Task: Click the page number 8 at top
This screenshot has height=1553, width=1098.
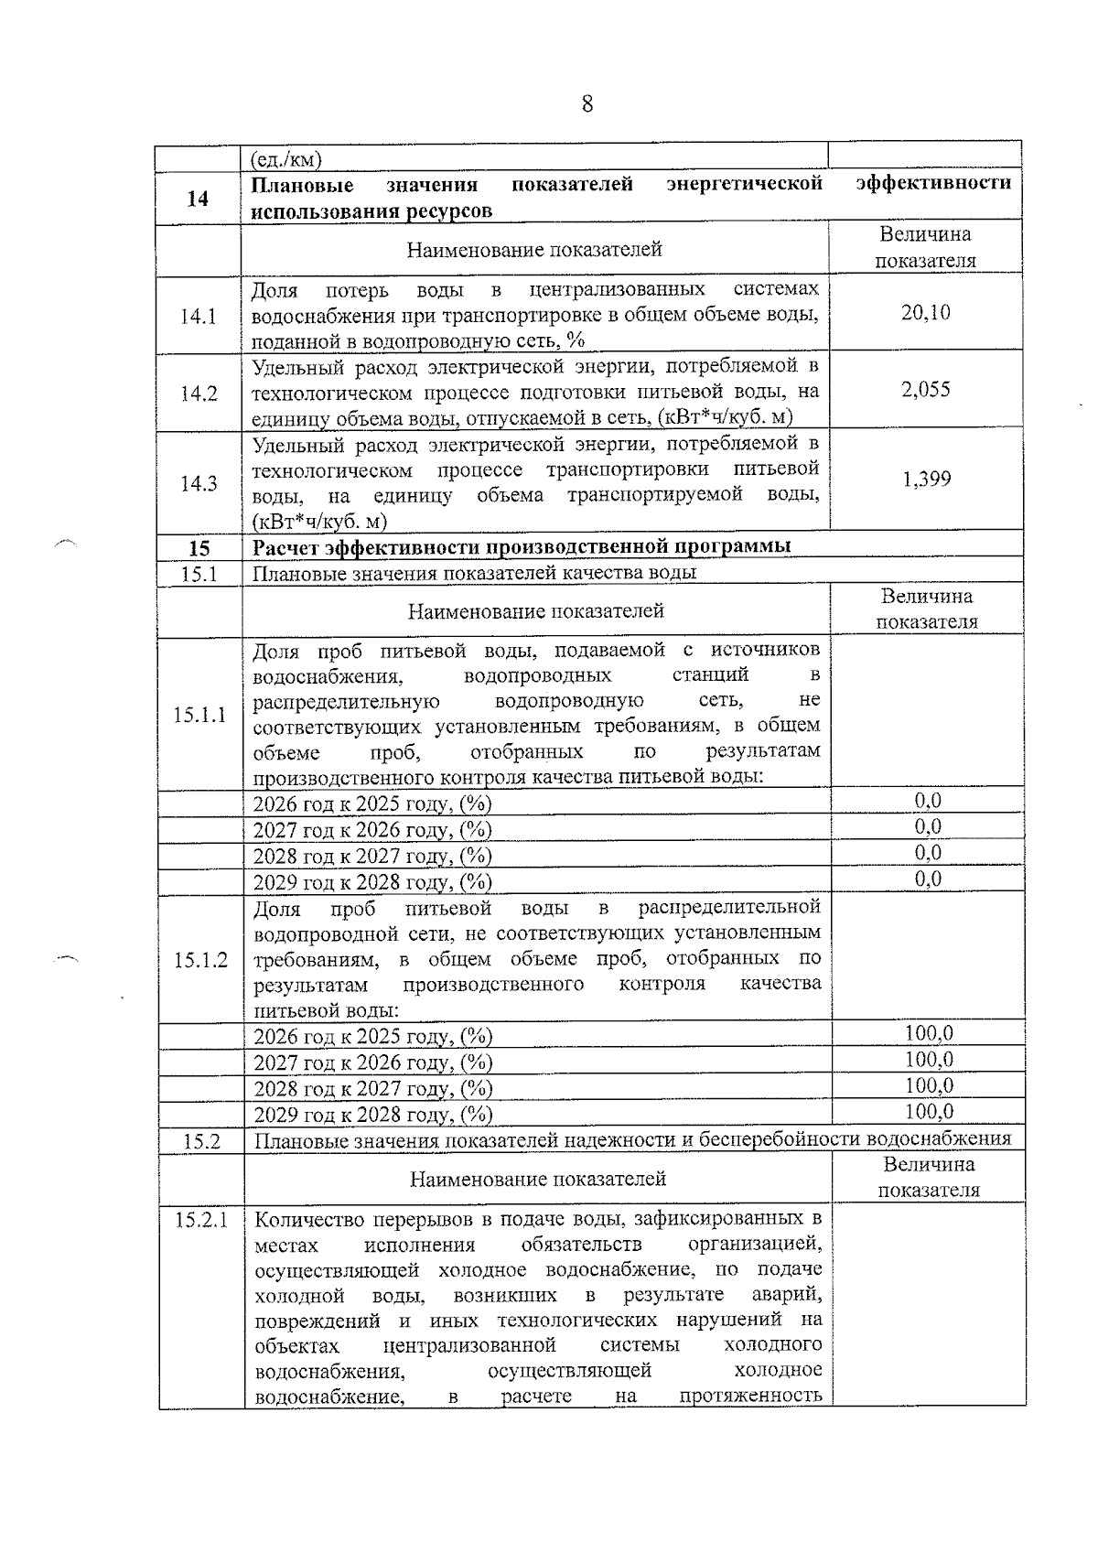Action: [587, 104]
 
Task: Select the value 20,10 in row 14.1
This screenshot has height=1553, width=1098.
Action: [925, 313]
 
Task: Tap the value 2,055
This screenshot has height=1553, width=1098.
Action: [925, 390]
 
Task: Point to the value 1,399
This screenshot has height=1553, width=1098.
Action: [926, 479]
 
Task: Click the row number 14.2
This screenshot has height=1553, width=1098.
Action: [199, 394]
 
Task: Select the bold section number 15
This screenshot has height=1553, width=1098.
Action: [199, 548]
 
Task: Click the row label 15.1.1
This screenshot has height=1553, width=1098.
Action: [199, 715]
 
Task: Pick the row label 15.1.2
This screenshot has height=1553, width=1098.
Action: [200, 960]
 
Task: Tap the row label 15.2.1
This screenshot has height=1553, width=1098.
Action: [201, 1220]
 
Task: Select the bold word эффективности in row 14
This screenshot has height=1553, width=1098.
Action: [933, 183]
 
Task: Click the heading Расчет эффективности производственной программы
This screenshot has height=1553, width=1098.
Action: [522, 547]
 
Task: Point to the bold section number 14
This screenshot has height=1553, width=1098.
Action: [198, 199]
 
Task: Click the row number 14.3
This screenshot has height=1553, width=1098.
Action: [199, 483]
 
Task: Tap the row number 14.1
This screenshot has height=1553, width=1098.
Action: [199, 317]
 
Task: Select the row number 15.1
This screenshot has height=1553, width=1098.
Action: [199, 573]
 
